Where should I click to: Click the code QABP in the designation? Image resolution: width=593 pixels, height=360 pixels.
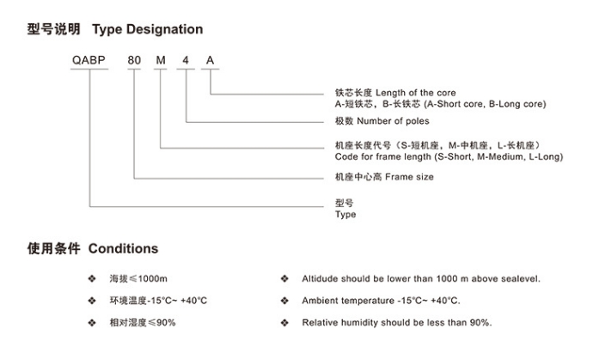point(89,60)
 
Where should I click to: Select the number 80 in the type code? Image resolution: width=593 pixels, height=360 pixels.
point(134,60)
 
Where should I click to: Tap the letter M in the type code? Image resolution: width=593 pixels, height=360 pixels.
point(161,60)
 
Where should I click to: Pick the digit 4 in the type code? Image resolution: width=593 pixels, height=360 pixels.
point(186,60)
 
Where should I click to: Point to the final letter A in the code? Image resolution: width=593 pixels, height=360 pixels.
point(210,60)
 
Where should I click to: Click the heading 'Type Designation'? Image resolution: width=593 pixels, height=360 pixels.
point(148,29)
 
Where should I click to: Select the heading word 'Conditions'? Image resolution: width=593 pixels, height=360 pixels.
point(123,248)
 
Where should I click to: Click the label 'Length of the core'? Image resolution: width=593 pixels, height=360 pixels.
point(416,93)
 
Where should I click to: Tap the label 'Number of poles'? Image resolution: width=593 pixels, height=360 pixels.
point(393,121)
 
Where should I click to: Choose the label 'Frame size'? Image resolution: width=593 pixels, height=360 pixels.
point(409,177)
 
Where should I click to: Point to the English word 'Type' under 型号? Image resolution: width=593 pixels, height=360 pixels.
point(345,215)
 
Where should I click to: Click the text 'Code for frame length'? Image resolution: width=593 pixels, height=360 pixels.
point(382,156)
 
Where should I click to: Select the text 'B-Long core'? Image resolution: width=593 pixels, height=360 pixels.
point(516,104)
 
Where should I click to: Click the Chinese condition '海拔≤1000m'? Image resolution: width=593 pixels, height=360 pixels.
point(138,278)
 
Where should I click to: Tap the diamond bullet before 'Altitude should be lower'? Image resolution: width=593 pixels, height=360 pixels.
point(284,278)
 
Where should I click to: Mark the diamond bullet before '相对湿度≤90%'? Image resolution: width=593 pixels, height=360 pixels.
point(92,322)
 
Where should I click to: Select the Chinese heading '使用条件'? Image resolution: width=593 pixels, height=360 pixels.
point(53,248)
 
